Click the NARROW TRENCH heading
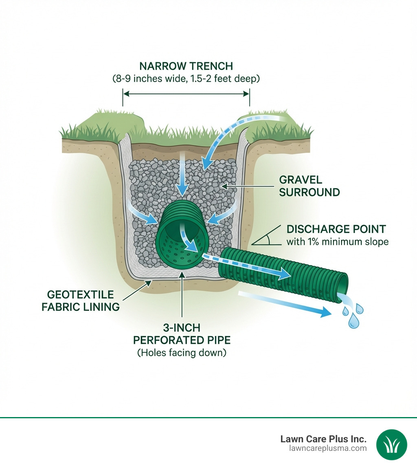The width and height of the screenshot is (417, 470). pyautogui.click(x=186, y=66)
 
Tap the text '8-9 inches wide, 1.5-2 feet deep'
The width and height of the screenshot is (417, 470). pyautogui.click(x=186, y=79)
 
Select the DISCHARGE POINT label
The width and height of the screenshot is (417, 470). pyautogui.click(x=336, y=229)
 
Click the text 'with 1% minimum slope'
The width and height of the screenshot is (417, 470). pyautogui.click(x=337, y=242)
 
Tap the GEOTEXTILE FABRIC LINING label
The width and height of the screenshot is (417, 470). pyautogui.click(x=81, y=301)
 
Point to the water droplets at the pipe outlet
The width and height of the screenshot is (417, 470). pyautogui.click(x=353, y=314)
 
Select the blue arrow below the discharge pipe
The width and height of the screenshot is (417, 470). pyautogui.click(x=285, y=303)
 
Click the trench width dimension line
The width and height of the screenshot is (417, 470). pyautogui.click(x=186, y=94)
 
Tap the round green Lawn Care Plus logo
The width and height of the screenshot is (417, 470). pyautogui.click(x=392, y=445)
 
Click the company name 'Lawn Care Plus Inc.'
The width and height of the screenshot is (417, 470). pyautogui.click(x=323, y=439)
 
